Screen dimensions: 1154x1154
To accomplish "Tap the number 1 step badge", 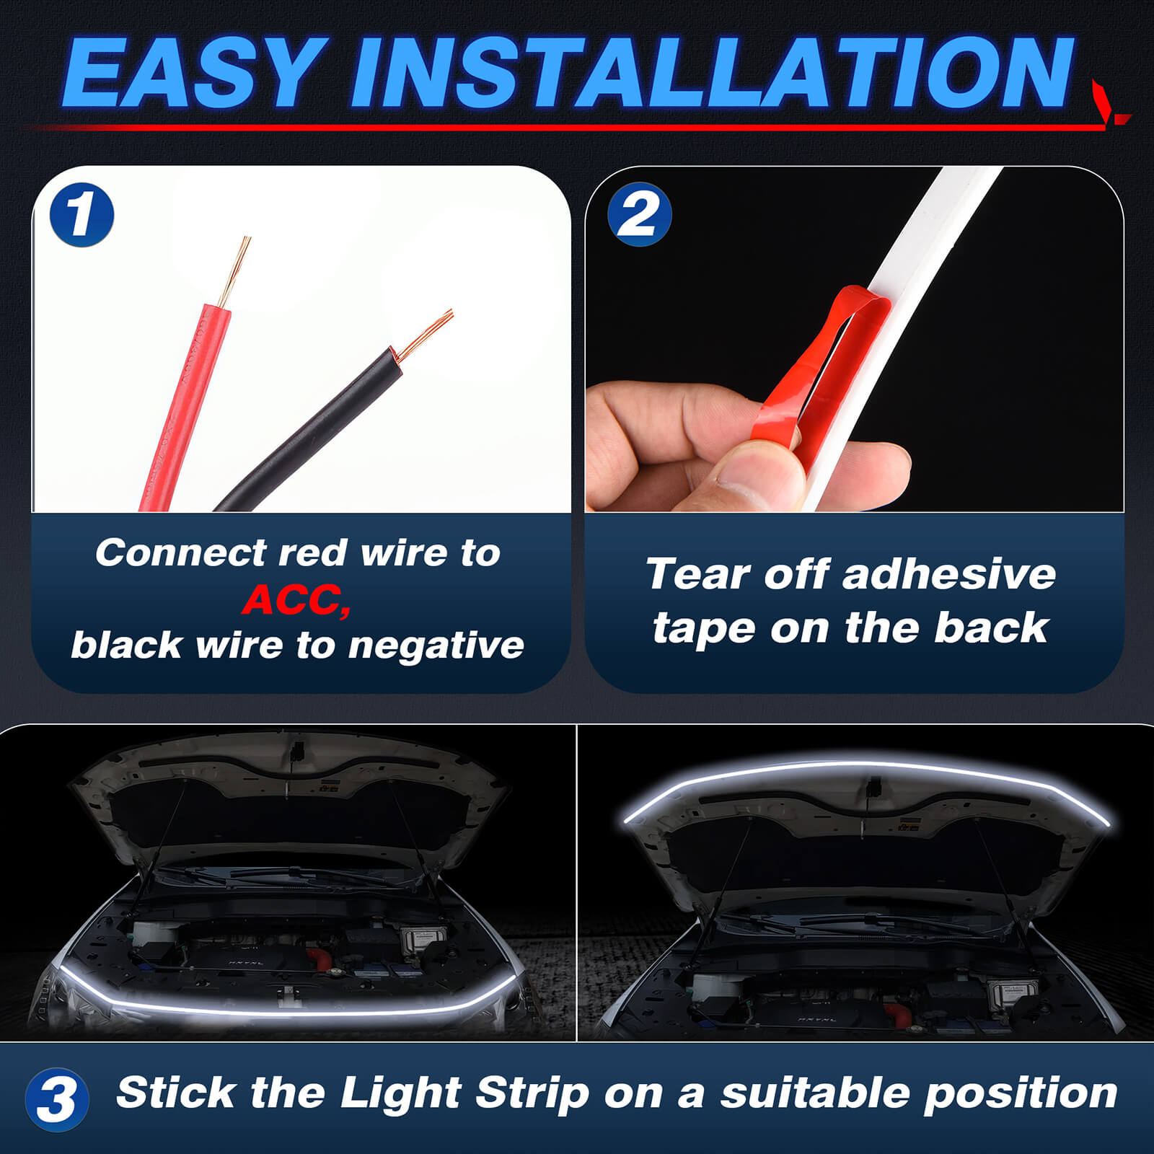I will pos(82,214).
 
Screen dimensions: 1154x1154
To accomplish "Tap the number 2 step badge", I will pos(639,214).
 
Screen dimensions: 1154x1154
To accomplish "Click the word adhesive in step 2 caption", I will pos(948,575).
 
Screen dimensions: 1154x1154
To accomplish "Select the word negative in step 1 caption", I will pos(436,646).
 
